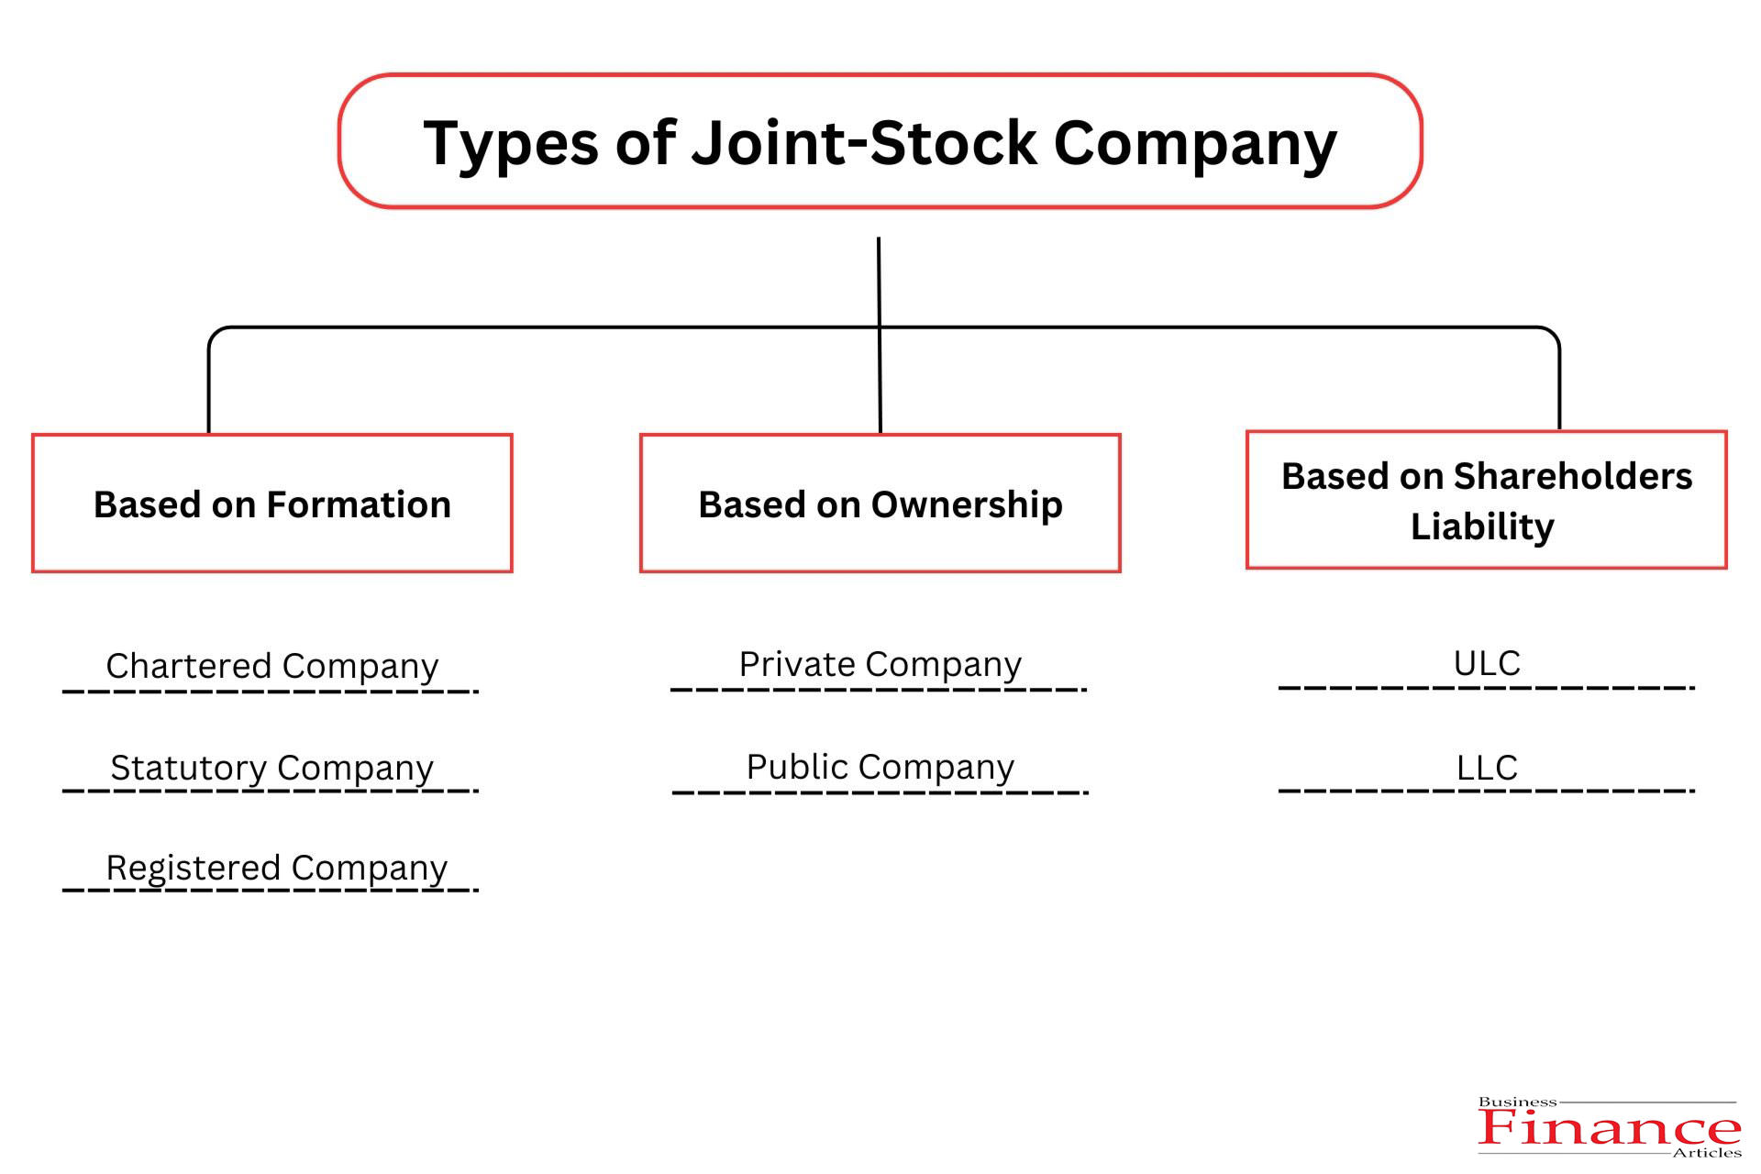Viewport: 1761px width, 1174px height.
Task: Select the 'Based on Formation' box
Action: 271,504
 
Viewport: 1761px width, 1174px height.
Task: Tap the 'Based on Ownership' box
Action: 880,504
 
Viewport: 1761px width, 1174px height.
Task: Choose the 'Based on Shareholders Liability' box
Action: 1486,500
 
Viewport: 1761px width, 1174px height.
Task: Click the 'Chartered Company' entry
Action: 271,666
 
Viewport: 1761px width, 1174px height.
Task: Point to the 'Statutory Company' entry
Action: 271,768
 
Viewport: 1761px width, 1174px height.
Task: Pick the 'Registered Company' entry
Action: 276,868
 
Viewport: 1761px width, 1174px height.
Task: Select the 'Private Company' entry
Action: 880,664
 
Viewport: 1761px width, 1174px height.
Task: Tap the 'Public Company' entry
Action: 880,767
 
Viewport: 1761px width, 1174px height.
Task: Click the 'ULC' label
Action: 1487,663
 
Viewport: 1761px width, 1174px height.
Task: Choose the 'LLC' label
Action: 1487,768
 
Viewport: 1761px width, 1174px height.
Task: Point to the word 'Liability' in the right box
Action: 1482,527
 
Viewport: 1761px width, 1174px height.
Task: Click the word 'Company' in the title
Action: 1195,144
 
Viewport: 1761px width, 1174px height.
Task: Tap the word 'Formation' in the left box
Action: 359,504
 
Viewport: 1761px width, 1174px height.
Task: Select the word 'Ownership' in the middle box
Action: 967,505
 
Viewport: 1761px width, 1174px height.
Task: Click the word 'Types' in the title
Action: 511,144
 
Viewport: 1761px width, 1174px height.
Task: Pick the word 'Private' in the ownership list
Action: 797,664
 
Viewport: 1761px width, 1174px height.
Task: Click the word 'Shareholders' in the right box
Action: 1573,477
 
